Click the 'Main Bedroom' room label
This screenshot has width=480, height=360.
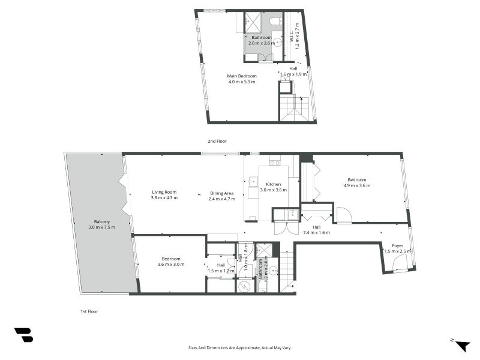click(242, 76)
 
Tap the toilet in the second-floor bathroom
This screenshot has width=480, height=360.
click(275, 22)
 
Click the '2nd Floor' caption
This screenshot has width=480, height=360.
click(217, 141)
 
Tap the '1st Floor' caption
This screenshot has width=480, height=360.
click(89, 311)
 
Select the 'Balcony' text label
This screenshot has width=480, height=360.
click(101, 221)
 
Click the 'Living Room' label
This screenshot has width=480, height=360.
click(164, 192)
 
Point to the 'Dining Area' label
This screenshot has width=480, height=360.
click(221, 193)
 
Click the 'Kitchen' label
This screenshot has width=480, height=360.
click(274, 184)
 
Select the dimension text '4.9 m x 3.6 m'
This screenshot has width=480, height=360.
click(357, 186)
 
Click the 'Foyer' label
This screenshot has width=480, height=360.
click(398, 245)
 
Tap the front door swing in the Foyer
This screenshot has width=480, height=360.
click(397, 265)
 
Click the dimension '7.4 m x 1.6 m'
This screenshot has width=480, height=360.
click(317, 232)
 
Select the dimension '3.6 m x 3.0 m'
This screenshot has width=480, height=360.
click(171, 264)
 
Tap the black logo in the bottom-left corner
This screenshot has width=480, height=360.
click(23, 335)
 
